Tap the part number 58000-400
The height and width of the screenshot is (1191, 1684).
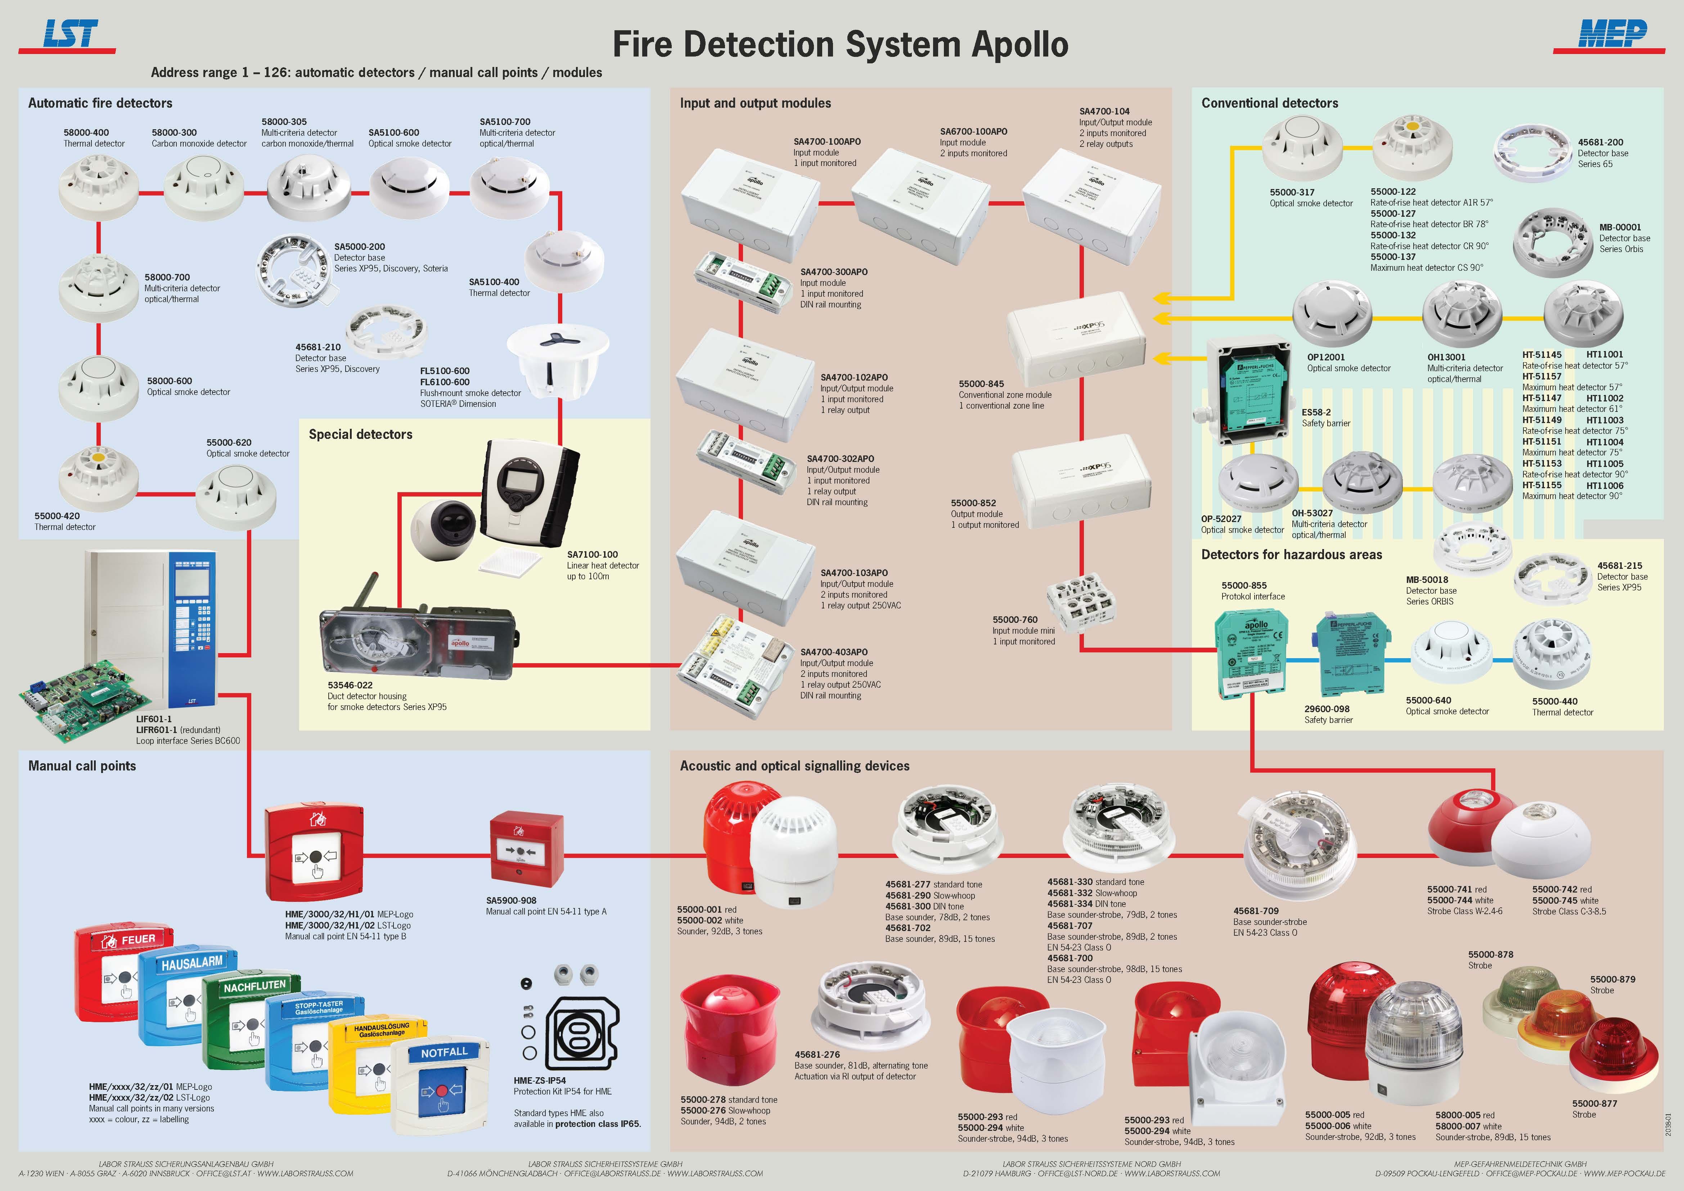[x=86, y=133]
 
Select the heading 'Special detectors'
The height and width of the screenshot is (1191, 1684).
[x=360, y=434]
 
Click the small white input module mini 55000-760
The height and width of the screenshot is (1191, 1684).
[x=1080, y=603]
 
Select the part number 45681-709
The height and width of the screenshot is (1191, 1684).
[x=1256, y=911]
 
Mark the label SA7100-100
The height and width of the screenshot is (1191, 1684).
[x=592, y=554]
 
